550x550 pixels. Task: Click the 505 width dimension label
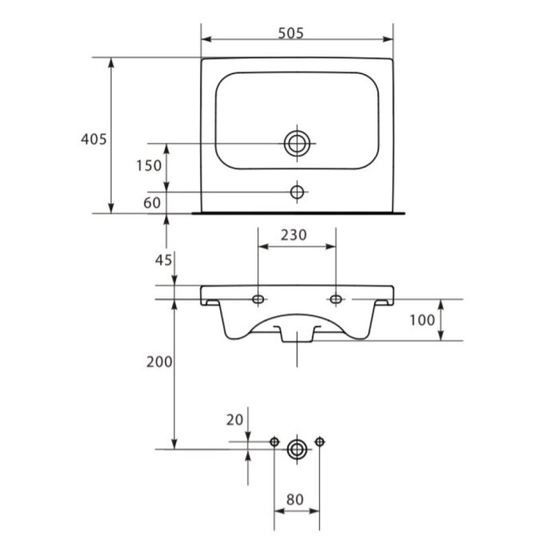pyautogui.click(x=291, y=33)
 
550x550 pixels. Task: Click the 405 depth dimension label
pyautogui.click(x=93, y=140)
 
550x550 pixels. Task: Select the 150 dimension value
pyautogui.click(x=148, y=166)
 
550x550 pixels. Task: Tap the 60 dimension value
pyautogui.click(x=152, y=203)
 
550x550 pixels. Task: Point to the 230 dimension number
pyautogui.click(x=294, y=234)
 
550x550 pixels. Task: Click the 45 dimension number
pyautogui.click(x=164, y=261)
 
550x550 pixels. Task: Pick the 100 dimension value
pyautogui.click(x=422, y=320)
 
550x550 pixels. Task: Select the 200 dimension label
pyautogui.click(x=159, y=362)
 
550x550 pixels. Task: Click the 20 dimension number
pyautogui.click(x=234, y=420)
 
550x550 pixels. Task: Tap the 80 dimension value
pyautogui.click(x=295, y=500)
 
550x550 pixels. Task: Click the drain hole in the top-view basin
pyautogui.click(x=297, y=144)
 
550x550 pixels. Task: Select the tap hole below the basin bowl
pyautogui.click(x=297, y=192)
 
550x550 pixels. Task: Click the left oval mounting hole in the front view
pyautogui.click(x=258, y=299)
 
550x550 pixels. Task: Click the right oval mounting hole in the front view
pyautogui.click(x=336, y=299)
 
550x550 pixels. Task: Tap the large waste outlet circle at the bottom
pyautogui.click(x=297, y=450)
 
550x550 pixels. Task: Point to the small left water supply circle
pyautogui.click(x=274, y=442)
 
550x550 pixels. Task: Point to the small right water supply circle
pyautogui.click(x=320, y=441)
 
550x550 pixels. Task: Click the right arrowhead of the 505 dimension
pyautogui.click(x=388, y=39)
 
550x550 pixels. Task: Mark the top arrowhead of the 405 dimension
pyautogui.click(x=111, y=63)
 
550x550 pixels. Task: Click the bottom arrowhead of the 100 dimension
pyautogui.click(x=441, y=335)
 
